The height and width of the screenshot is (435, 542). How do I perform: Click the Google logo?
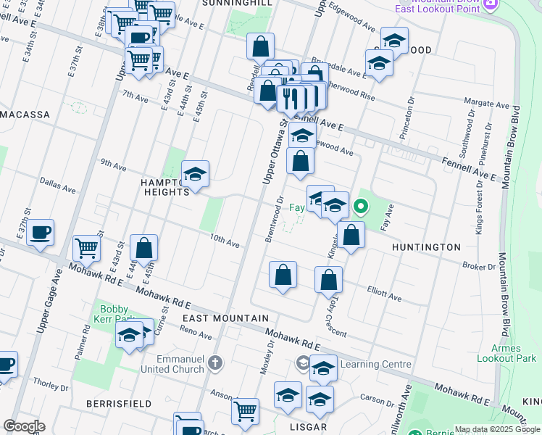23,426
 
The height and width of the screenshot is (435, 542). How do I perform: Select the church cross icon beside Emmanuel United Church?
214,361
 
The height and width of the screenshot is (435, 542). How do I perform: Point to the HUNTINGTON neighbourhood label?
426,247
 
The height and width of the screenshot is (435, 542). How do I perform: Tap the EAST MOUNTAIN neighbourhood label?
215,318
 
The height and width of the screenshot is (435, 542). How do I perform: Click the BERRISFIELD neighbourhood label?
118,403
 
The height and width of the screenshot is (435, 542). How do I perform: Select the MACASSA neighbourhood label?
25,115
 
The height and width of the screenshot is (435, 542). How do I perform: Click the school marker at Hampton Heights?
195,174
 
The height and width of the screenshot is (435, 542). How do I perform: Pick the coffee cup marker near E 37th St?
41,233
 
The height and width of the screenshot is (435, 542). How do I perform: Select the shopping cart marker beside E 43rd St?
86,248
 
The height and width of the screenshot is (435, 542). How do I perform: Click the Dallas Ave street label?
58,186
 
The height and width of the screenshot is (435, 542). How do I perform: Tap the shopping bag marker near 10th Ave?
144,248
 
